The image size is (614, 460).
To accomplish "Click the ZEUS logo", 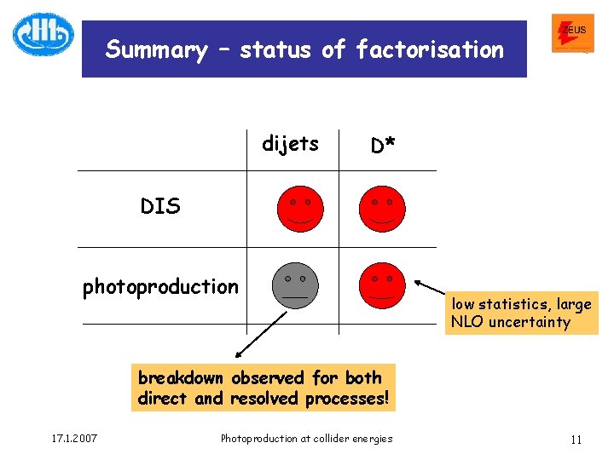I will click(x=573, y=32).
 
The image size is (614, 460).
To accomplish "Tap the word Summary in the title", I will click(x=155, y=50).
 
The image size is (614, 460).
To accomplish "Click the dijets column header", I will click(x=290, y=144).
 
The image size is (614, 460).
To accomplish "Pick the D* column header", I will click(x=383, y=146).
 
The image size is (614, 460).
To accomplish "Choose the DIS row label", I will click(x=160, y=207).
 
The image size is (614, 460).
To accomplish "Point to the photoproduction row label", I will click(x=160, y=287).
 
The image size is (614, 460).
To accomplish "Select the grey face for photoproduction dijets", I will click(x=295, y=285).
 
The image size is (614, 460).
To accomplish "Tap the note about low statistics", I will click(x=521, y=313).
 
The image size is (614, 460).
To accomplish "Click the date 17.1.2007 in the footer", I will click(x=72, y=439).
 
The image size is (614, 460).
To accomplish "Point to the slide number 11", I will click(x=576, y=440).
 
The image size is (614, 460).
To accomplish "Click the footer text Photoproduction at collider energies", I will click(x=306, y=439).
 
